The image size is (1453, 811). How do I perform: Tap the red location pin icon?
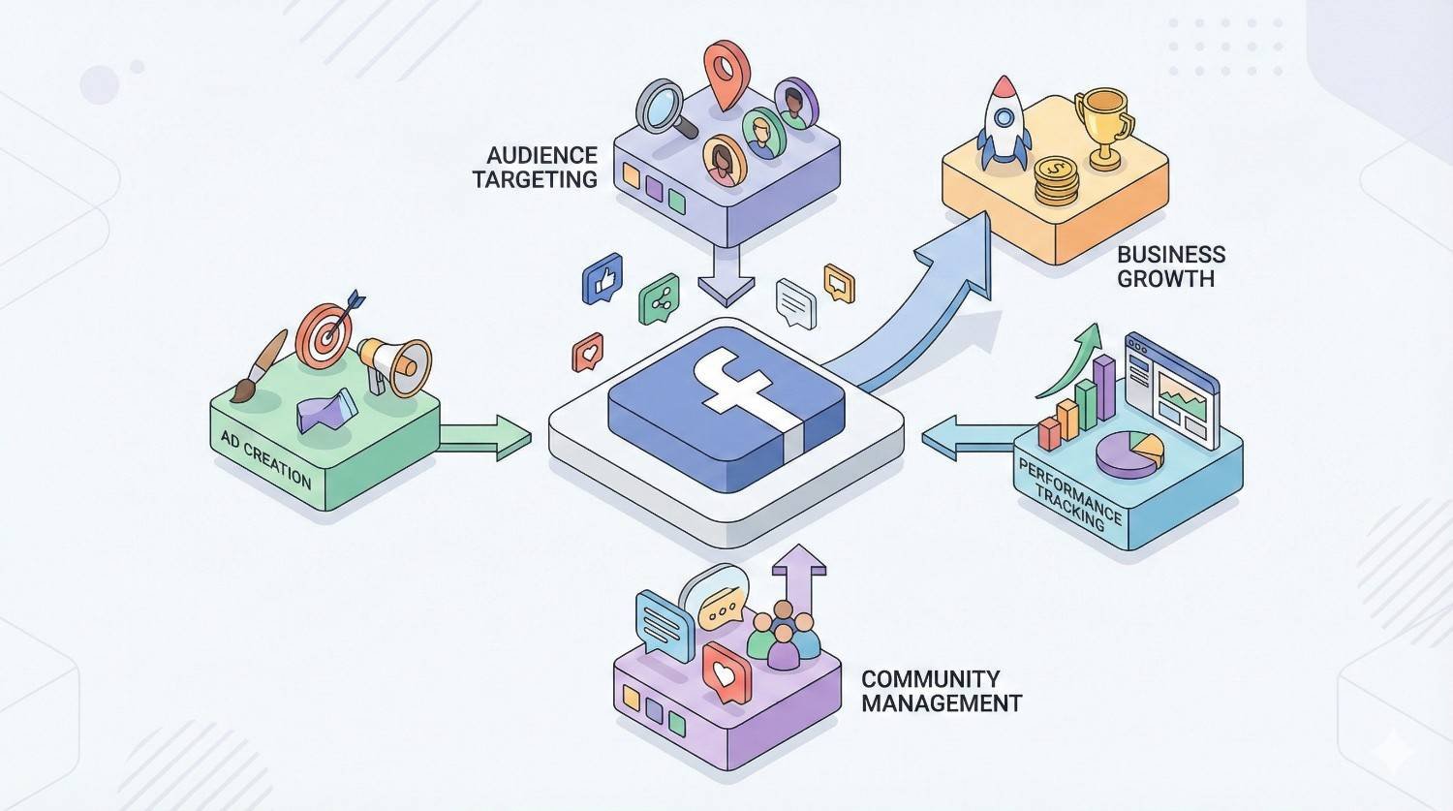tap(723, 71)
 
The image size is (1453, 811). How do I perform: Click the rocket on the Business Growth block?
tap(1005, 123)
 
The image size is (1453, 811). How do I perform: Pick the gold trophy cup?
tap(1104, 124)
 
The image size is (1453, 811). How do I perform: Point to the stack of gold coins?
tap(1056, 181)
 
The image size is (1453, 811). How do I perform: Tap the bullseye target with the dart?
tap(325, 334)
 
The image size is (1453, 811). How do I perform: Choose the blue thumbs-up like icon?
tap(602, 280)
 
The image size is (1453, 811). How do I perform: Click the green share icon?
tap(660, 303)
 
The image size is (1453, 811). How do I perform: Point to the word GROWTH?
tap(1165, 279)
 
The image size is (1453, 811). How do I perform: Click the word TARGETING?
tap(536, 179)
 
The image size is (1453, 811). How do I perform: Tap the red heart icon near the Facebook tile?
tap(588, 352)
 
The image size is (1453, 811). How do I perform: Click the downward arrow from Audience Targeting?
tap(726, 275)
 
